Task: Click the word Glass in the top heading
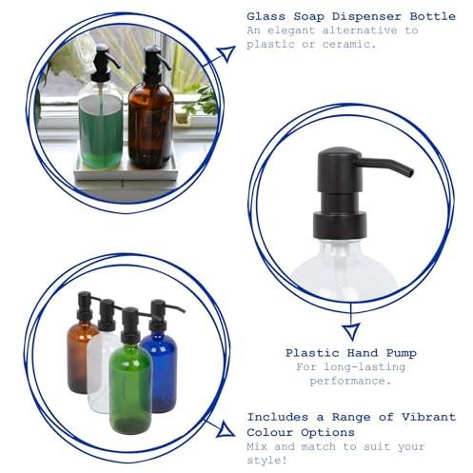coord(266,16)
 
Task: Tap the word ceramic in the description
coord(348,44)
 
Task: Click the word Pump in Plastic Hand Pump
coord(402,353)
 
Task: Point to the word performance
coord(350,381)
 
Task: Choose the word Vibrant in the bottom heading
coord(428,417)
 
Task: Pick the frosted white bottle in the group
coord(100,365)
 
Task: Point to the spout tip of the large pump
coord(410,172)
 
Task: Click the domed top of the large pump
coord(340,153)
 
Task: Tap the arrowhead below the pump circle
coord(351,331)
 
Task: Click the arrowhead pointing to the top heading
coord(227,53)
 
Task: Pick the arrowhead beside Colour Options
coord(226,430)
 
